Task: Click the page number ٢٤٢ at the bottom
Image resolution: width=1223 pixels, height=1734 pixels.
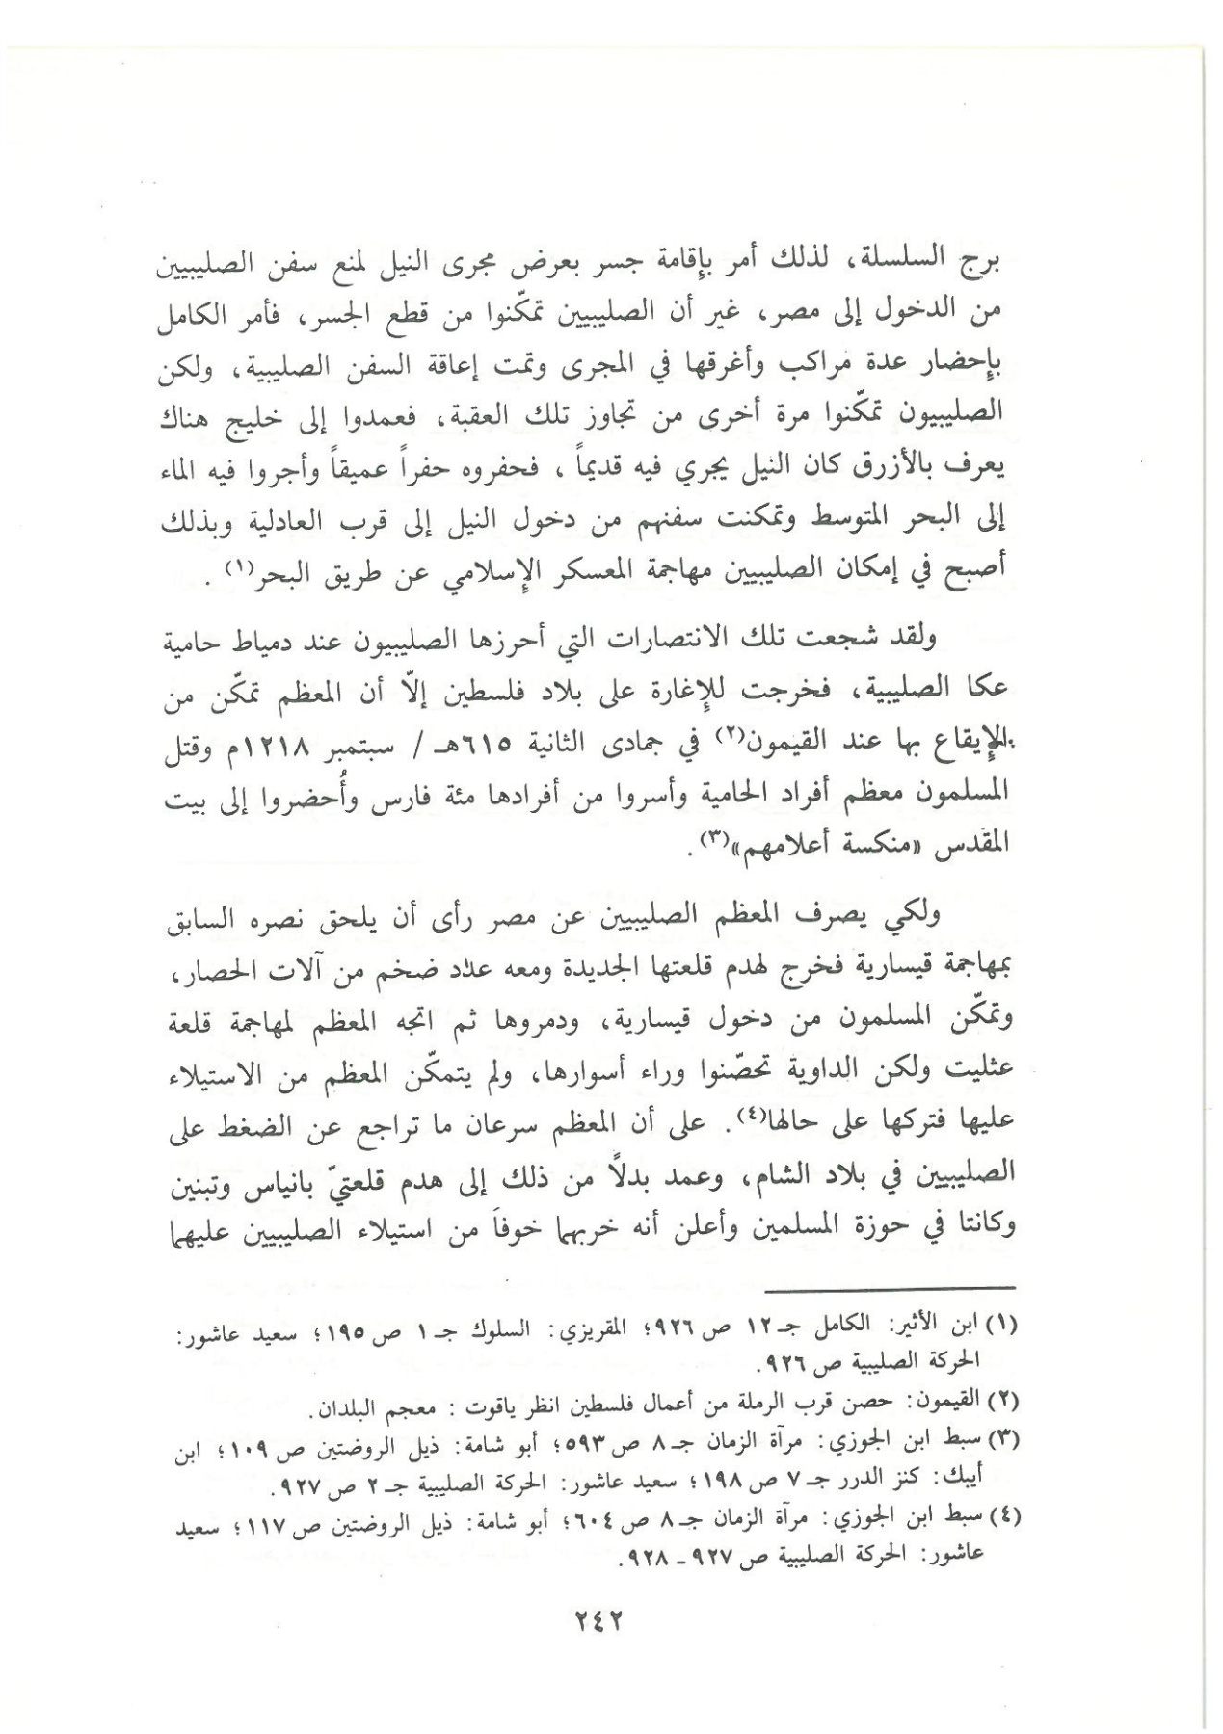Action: pyautogui.click(x=604, y=1619)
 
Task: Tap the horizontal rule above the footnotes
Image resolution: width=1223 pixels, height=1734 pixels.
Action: pyautogui.click(x=891, y=1288)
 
